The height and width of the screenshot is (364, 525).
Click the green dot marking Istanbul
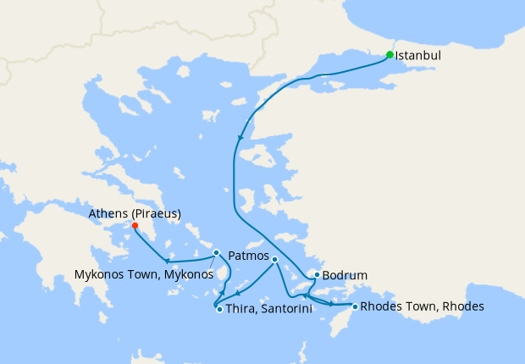(x=390, y=55)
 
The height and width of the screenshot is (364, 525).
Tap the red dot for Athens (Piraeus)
(x=135, y=225)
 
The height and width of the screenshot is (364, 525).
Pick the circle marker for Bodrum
(x=316, y=275)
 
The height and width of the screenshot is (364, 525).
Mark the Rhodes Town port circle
(x=354, y=306)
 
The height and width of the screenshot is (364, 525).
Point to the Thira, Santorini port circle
(x=219, y=309)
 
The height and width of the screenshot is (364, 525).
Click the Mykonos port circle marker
(x=217, y=252)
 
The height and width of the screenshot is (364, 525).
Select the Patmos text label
(x=249, y=256)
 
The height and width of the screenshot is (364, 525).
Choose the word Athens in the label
(x=108, y=214)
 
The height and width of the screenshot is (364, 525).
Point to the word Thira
(x=240, y=310)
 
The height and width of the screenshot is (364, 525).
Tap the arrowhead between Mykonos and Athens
(x=167, y=260)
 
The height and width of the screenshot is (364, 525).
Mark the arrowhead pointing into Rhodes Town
(x=330, y=303)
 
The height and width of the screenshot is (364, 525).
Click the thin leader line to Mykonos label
(x=209, y=262)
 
